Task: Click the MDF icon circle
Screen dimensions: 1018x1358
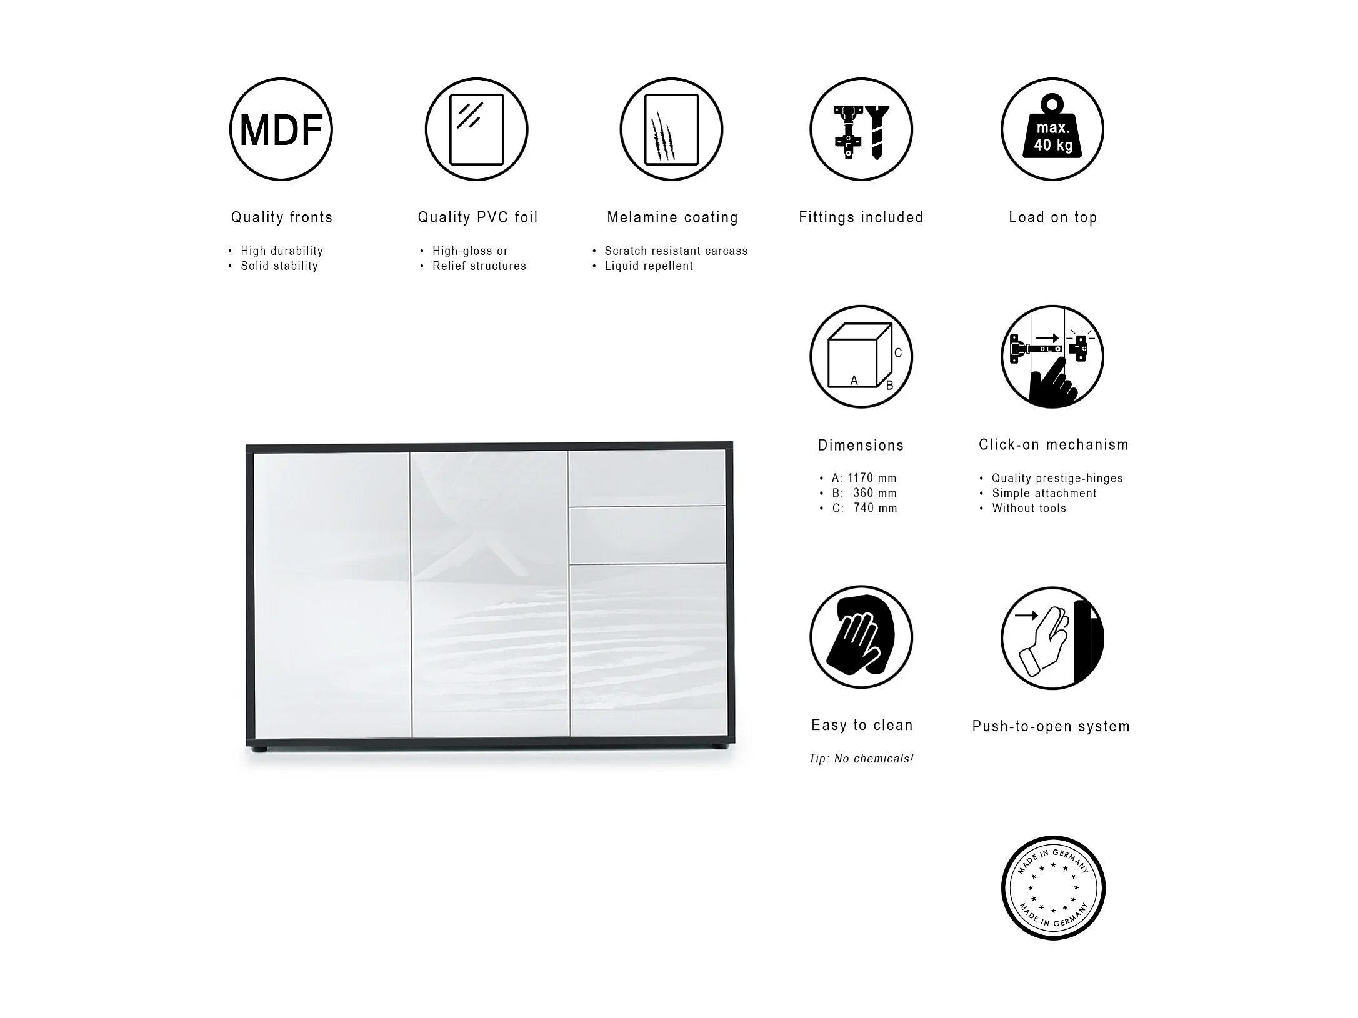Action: [x=281, y=129]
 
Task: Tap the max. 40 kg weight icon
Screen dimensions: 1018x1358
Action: [x=1052, y=129]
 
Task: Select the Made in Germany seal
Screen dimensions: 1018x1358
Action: [x=1053, y=887]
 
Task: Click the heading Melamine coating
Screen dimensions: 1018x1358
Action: [x=672, y=217]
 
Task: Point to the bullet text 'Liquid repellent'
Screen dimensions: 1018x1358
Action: [x=649, y=266]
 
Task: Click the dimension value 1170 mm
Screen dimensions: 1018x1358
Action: [x=872, y=478]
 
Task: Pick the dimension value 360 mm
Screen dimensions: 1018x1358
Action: [x=874, y=493]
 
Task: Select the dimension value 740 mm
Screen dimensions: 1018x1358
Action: [x=875, y=508]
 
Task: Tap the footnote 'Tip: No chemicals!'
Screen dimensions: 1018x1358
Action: [x=861, y=759]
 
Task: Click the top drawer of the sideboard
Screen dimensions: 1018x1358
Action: [x=647, y=477]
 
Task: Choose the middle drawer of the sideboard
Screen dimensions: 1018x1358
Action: [x=647, y=535]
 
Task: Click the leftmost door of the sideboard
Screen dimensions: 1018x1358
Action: [x=331, y=594]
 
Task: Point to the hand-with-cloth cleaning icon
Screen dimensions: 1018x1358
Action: [x=861, y=637]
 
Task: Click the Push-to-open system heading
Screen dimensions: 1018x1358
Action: [x=1051, y=726]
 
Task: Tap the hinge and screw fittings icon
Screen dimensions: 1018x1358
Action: [x=861, y=129]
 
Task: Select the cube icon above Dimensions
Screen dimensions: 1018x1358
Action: [x=861, y=357]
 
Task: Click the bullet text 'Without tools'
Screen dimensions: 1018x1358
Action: [x=1029, y=508]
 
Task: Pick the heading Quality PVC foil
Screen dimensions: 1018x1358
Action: [x=477, y=217]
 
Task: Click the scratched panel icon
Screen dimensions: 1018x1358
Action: [x=671, y=129]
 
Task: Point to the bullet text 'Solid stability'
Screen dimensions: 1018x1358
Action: [x=279, y=266]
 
